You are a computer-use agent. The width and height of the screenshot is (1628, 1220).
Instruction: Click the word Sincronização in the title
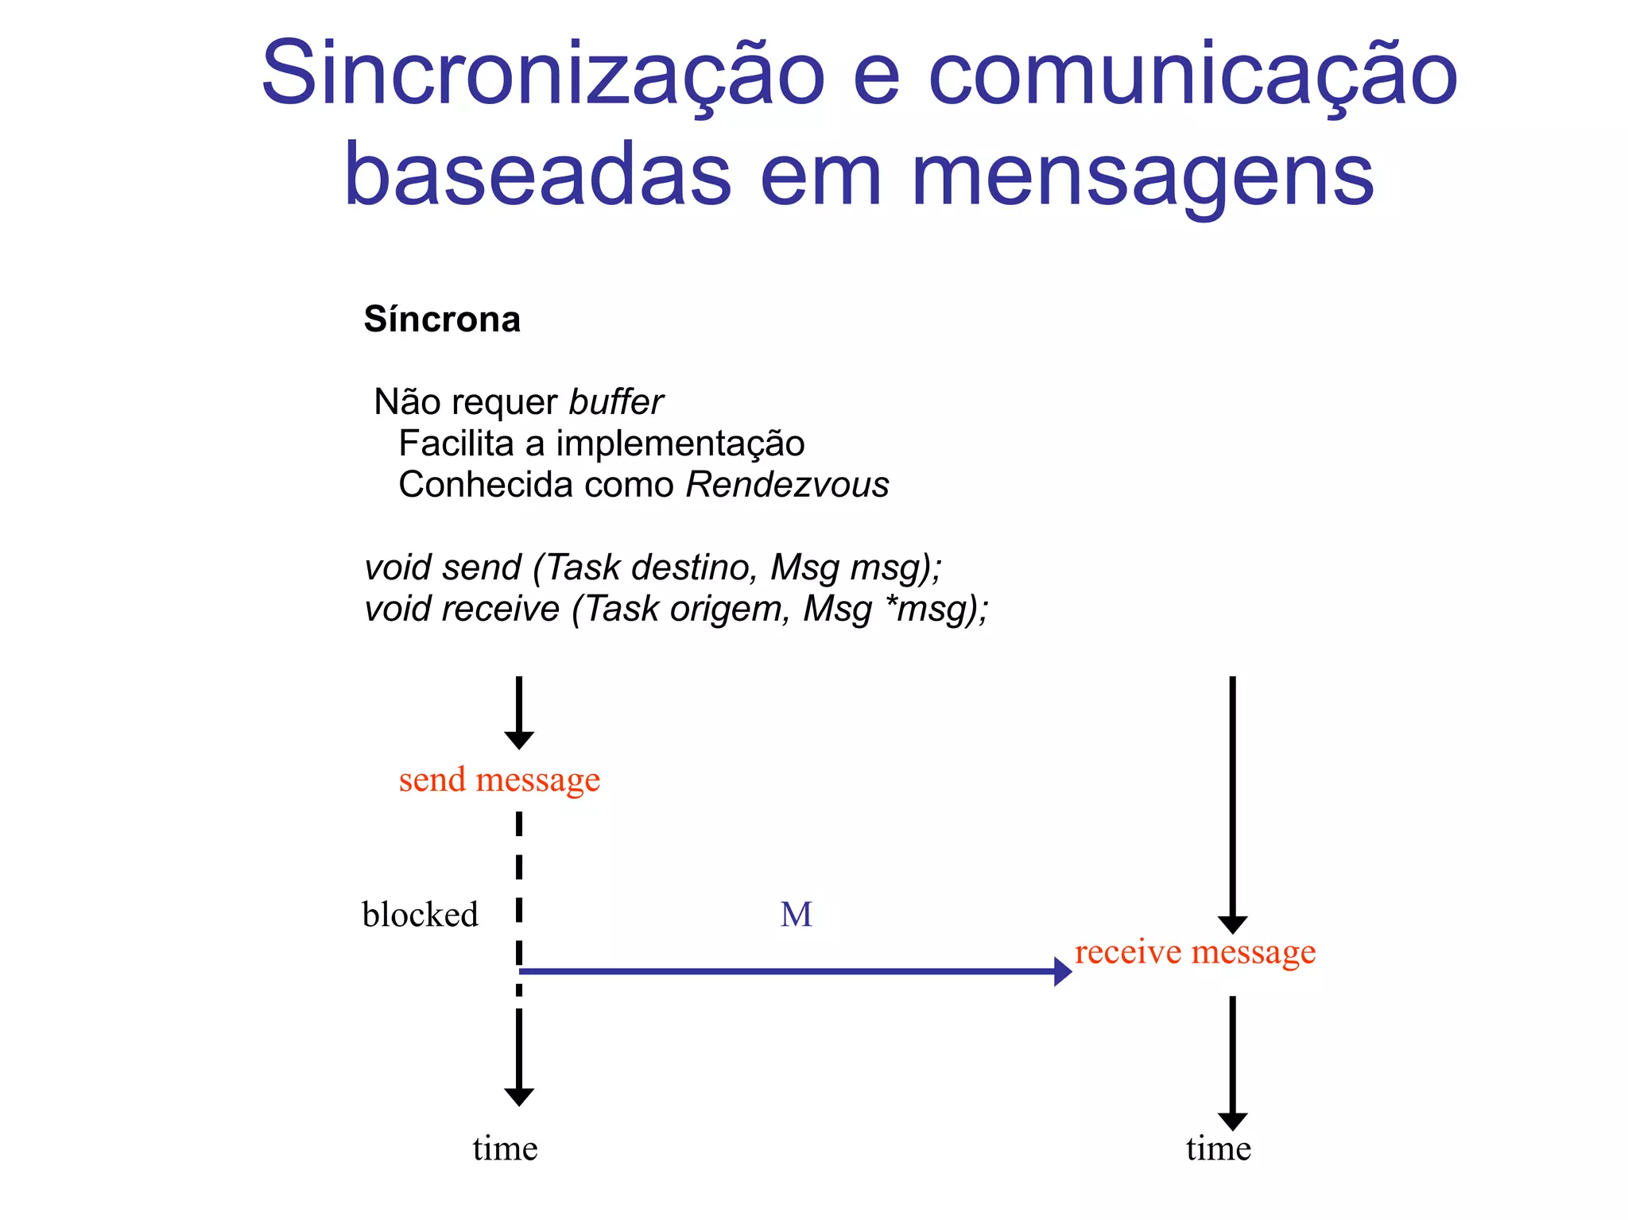coord(543,74)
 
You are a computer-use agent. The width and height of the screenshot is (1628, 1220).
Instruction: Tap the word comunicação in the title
coord(1192,74)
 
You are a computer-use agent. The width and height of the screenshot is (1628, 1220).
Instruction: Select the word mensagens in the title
coord(1142,176)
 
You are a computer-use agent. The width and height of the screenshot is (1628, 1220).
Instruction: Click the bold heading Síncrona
coord(442,320)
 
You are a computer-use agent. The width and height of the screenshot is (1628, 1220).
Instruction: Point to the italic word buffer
coord(616,402)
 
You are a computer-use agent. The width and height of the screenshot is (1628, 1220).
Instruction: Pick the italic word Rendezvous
coord(787,485)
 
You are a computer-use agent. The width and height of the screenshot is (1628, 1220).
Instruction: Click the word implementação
coord(680,443)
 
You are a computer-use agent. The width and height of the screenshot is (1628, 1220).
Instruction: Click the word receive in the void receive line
coord(501,609)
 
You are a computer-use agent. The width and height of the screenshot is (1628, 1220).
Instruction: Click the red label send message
coord(499,780)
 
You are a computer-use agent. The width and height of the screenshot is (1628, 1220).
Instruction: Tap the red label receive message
coord(1195,951)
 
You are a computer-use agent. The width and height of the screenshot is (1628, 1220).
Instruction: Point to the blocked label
coord(420,915)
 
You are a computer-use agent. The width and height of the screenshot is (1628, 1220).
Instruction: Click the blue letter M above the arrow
coord(796,915)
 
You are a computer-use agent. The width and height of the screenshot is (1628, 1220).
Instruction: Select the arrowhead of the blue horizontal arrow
coord(1063,971)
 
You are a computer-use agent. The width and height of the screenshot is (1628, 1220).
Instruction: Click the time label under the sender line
coord(505,1148)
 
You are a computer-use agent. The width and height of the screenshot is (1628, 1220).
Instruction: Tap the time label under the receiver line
coord(1219,1148)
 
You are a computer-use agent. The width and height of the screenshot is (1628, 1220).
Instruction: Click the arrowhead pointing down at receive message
coord(1232,925)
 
